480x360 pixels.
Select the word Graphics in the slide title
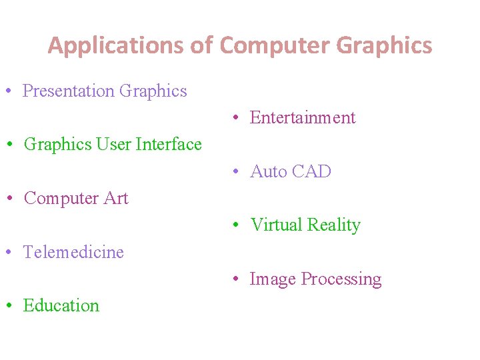point(385,46)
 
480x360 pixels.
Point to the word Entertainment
point(303,118)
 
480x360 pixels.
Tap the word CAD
point(311,171)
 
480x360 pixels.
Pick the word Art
point(117,198)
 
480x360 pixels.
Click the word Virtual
point(274,225)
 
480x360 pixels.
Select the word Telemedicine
point(73,252)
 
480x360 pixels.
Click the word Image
point(273,279)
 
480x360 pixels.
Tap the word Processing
point(341,279)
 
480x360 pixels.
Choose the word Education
point(61,305)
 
